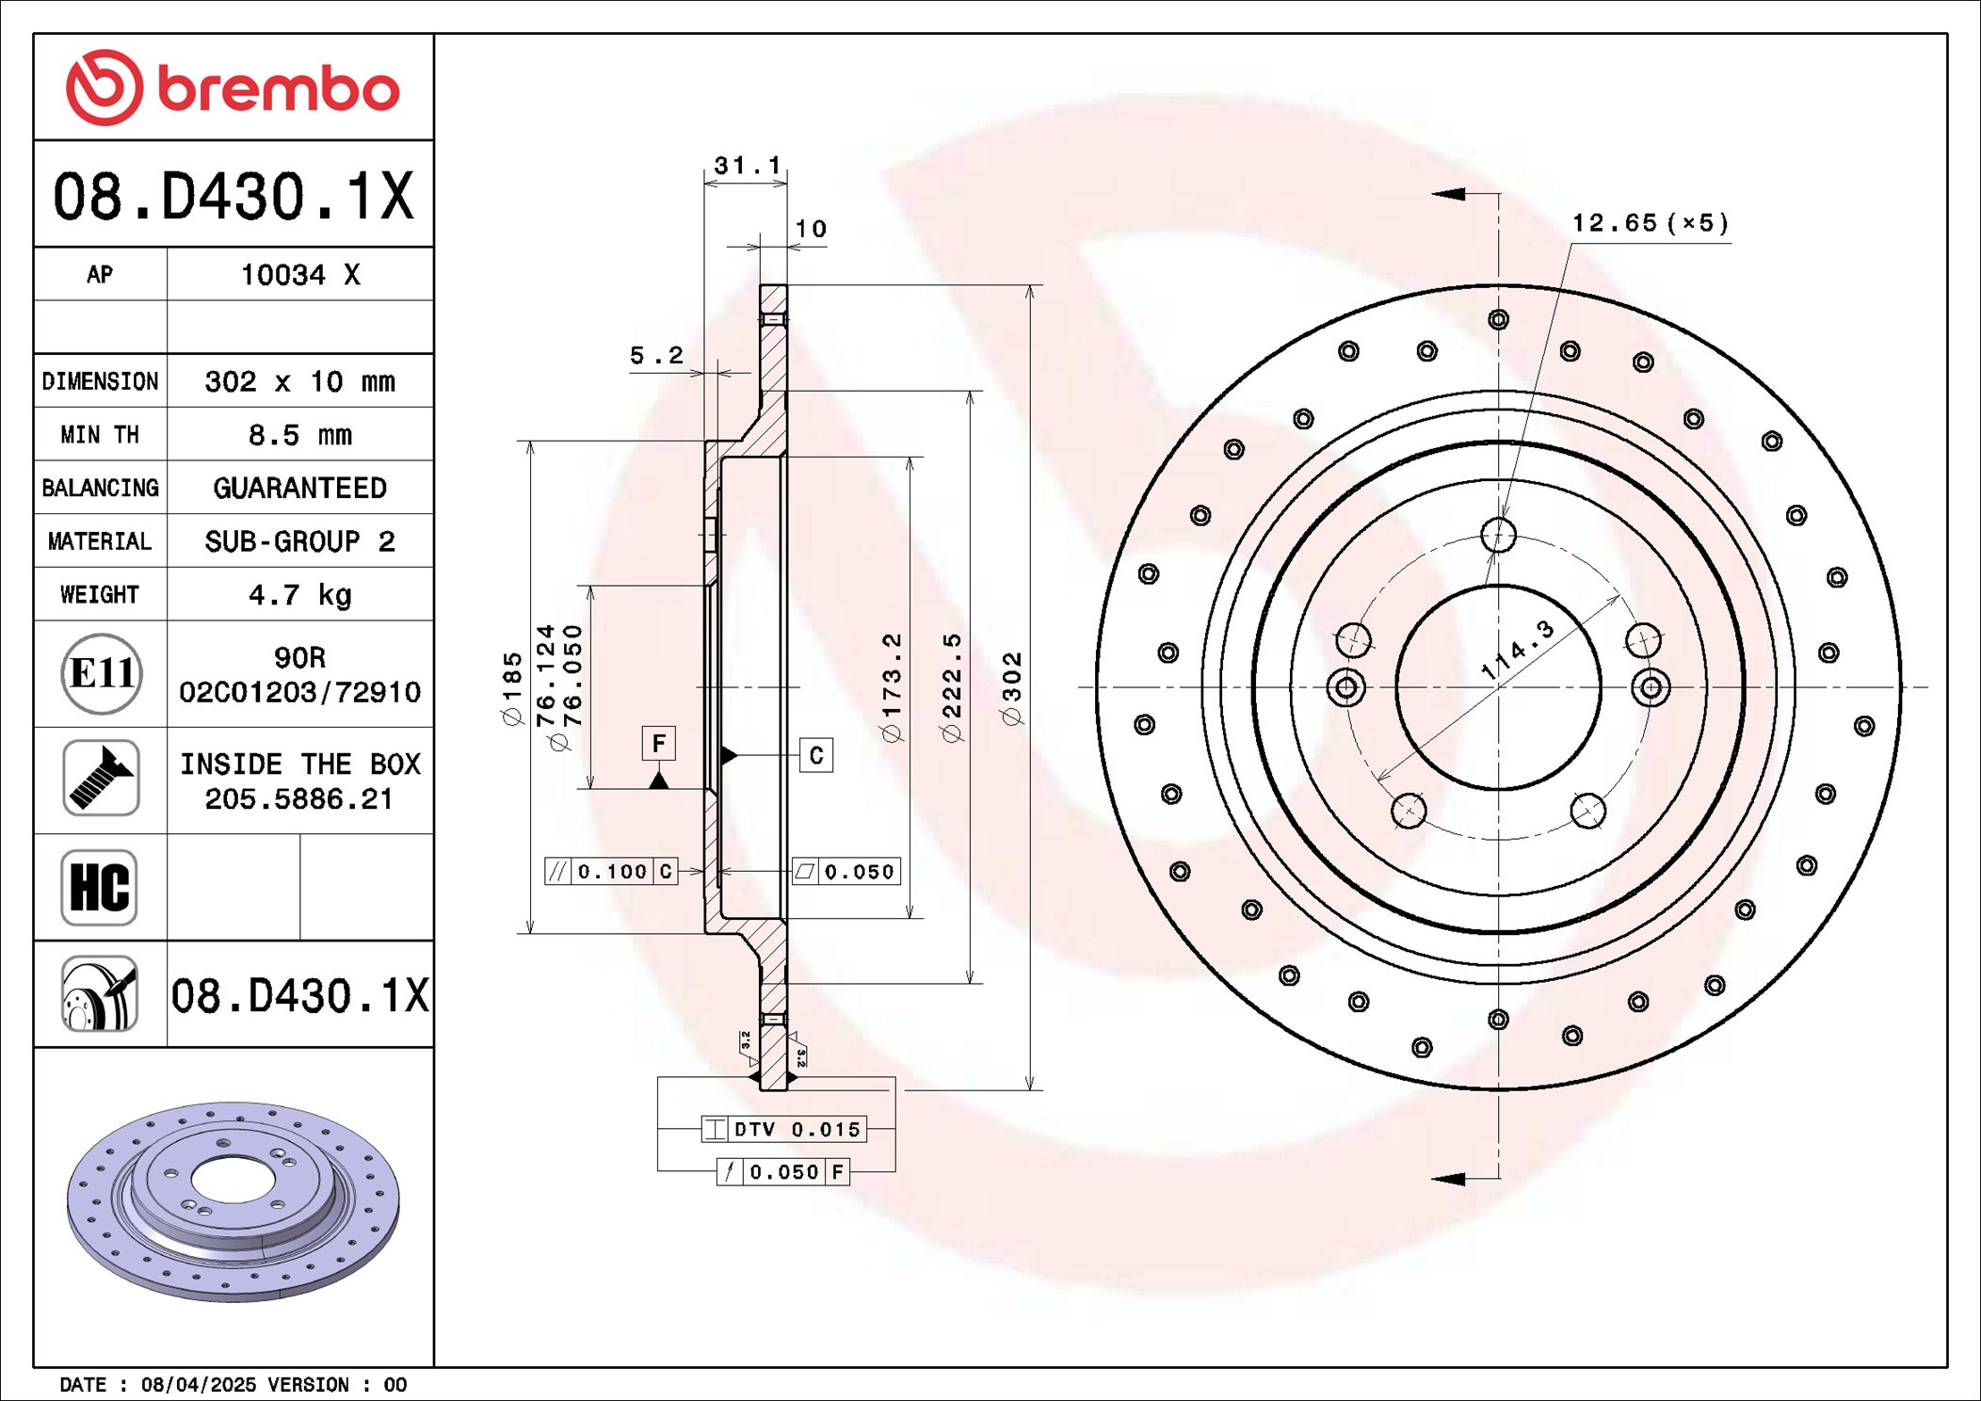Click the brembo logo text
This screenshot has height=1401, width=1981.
click(x=278, y=89)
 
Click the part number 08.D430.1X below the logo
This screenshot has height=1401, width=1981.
click(x=233, y=197)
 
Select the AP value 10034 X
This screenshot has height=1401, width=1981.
click(x=299, y=275)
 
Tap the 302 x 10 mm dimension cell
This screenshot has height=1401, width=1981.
click(x=299, y=381)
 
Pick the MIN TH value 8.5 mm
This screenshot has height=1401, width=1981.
click(x=299, y=435)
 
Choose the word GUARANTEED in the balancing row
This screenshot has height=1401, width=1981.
click(x=299, y=488)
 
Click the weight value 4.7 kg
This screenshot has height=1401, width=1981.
click(x=299, y=595)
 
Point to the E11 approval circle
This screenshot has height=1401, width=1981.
click(x=102, y=673)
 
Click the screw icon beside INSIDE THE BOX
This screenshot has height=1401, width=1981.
click(x=102, y=779)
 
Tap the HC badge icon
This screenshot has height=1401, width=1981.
click(x=100, y=887)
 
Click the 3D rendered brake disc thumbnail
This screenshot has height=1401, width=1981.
click(x=233, y=1200)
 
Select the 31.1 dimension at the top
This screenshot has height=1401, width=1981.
click(x=747, y=166)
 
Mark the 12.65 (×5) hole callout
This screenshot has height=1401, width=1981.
click(x=1650, y=223)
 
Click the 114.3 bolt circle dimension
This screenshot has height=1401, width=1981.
click(x=1517, y=650)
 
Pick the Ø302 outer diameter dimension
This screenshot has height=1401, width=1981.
click(x=1012, y=688)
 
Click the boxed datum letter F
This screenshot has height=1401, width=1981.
click(x=659, y=744)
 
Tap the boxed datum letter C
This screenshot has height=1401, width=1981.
click(x=816, y=755)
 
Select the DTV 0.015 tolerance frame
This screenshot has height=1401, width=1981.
click(x=784, y=1129)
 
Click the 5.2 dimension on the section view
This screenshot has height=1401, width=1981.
click(x=656, y=356)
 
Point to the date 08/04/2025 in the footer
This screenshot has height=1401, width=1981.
click(x=198, y=1385)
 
